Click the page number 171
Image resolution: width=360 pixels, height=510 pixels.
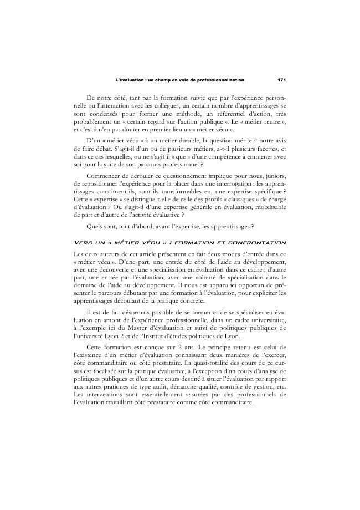pyautogui.click(x=282, y=80)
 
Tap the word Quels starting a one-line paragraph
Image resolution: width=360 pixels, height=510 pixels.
pyautogui.click(x=97, y=226)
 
